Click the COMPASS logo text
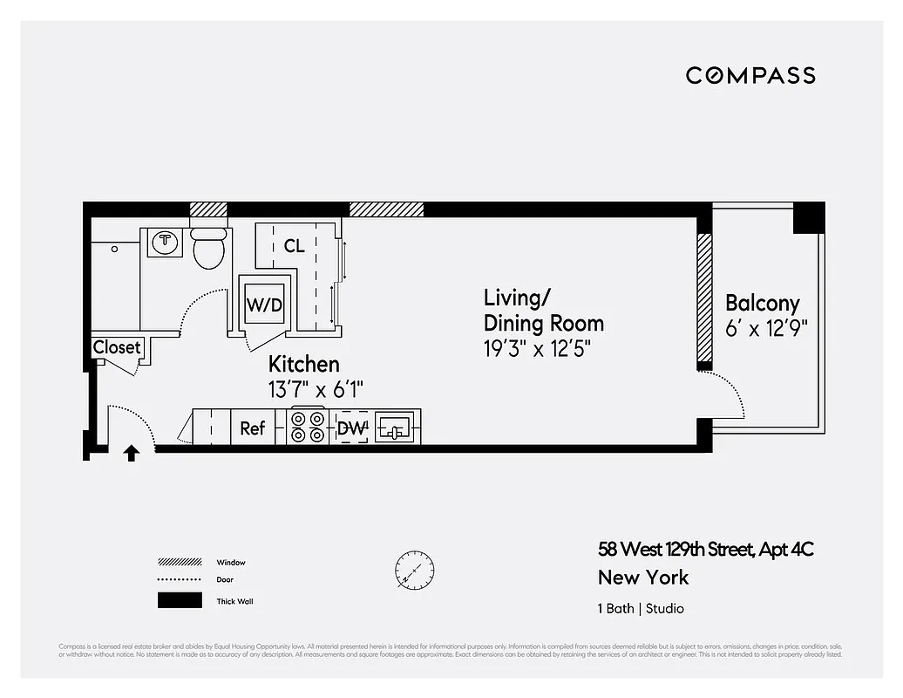[x=750, y=75]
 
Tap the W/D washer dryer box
[x=264, y=305]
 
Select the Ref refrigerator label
[x=253, y=428]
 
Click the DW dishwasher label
[x=352, y=428]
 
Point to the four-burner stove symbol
[x=308, y=428]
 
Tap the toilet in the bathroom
[x=208, y=250]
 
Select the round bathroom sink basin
[x=163, y=241]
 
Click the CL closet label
[x=295, y=246]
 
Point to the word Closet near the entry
[x=117, y=347]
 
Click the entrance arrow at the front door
[x=132, y=453]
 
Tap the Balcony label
[x=762, y=304]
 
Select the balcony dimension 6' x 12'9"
[x=767, y=329]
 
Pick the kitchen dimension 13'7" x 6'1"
[x=315, y=390]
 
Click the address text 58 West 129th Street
[x=706, y=550]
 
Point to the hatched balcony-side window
[x=703, y=298]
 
